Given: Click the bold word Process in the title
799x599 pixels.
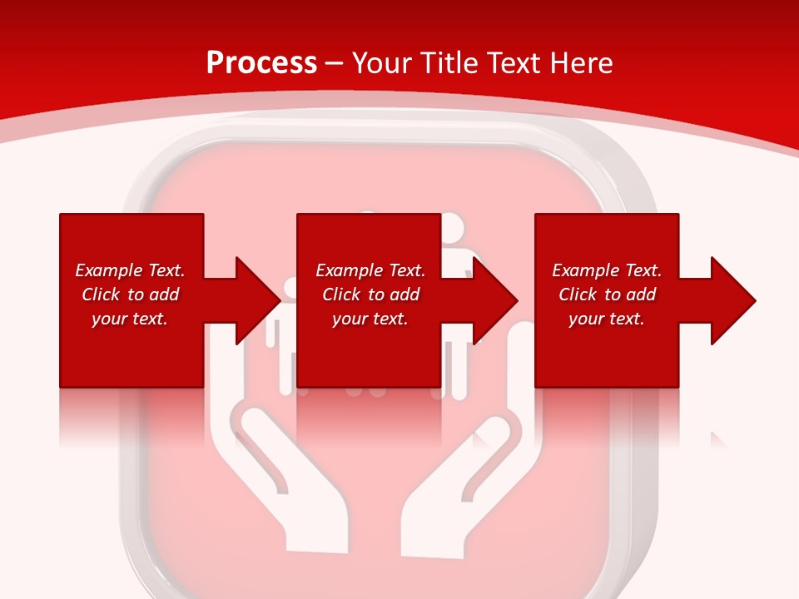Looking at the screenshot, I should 261,63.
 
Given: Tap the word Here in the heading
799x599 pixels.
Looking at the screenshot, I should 582,63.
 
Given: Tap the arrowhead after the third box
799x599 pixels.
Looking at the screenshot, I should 732,300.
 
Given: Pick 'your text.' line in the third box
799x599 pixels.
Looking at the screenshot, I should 606,319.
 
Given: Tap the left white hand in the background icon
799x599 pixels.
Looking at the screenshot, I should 283,483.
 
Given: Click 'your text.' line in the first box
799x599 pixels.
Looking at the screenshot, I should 129,319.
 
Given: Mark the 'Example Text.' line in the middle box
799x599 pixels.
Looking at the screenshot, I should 370,270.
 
